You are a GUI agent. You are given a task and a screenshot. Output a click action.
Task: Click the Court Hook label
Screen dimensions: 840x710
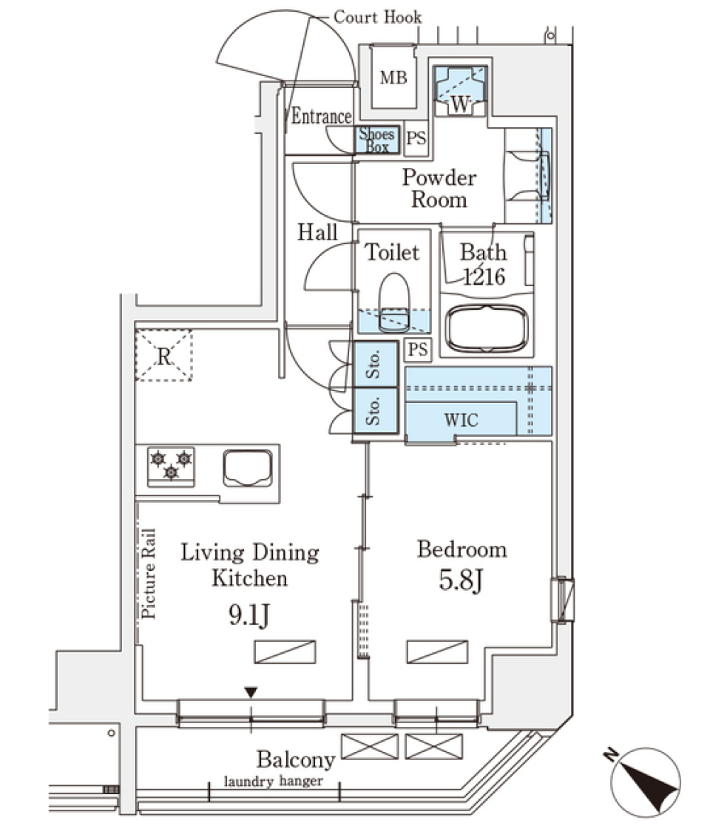[x=377, y=17]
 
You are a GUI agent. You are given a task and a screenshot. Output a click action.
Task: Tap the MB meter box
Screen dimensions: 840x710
[x=393, y=78]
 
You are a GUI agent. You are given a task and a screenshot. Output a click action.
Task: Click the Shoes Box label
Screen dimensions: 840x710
[x=377, y=140]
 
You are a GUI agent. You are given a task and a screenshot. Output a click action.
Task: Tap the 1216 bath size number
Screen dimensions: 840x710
[x=484, y=277]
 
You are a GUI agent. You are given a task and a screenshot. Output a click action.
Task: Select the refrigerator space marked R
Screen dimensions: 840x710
[x=163, y=356]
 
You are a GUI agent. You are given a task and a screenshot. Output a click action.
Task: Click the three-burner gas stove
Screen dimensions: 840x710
[x=171, y=466]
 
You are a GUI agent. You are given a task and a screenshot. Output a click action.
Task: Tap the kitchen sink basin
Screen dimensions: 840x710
[x=248, y=467]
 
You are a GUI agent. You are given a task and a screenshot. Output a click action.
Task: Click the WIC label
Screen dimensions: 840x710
[x=461, y=420]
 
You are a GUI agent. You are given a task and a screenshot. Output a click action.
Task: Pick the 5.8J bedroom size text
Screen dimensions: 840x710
[x=461, y=581]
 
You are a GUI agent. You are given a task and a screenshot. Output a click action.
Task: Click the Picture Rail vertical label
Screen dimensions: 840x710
[x=148, y=573]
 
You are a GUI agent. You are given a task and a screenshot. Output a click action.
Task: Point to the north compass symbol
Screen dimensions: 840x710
[x=646, y=781]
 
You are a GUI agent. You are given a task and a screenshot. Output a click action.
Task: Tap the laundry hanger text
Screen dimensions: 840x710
[x=274, y=781]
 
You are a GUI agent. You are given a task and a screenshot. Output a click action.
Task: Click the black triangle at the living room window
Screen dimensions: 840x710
[x=251, y=693]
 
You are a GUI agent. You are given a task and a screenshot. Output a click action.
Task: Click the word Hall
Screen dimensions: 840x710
[x=317, y=233]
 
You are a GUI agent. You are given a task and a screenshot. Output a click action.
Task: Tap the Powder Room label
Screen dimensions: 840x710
[x=439, y=189]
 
